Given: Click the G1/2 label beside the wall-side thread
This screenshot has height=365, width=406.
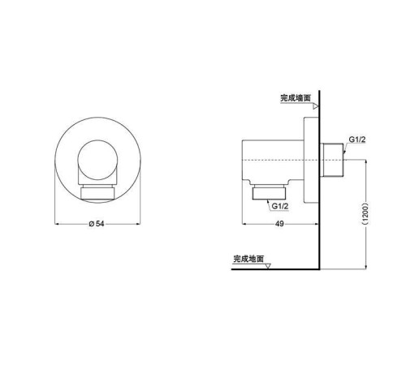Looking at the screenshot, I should [358, 140].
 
